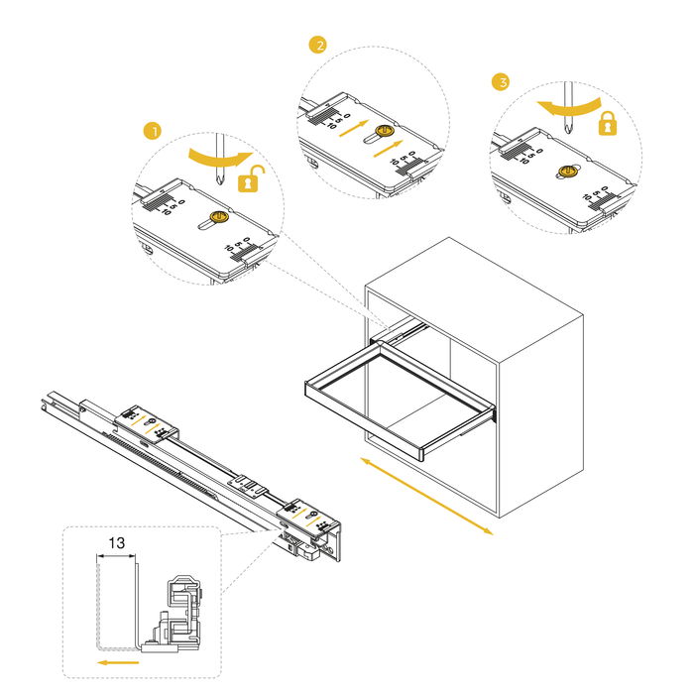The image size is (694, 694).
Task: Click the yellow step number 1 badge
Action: pos(152,130)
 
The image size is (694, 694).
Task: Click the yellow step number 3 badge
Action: pos(501,82)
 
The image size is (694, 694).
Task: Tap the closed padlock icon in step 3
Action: pos(607,123)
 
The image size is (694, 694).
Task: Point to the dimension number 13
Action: pos(116,543)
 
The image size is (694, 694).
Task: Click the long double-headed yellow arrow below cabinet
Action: pos(426,496)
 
